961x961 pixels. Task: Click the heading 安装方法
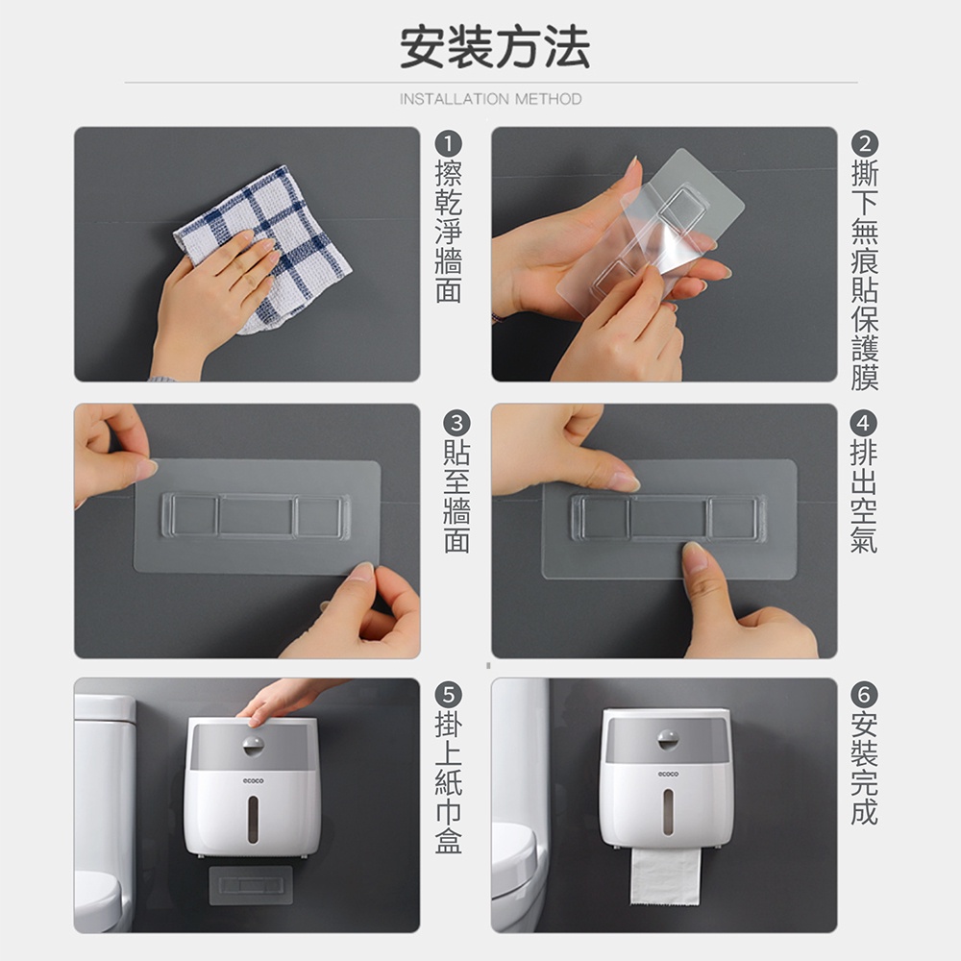point(495,47)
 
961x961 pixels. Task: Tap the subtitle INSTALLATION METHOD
point(490,99)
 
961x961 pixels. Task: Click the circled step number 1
point(448,144)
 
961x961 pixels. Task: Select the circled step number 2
point(864,144)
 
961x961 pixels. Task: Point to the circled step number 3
point(456,424)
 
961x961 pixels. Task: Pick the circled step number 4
point(863,424)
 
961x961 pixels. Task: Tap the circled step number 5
point(449,695)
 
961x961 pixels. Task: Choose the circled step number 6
point(864,695)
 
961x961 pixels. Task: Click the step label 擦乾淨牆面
point(449,232)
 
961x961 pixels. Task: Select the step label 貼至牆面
point(456,497)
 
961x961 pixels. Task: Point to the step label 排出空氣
point(864,497)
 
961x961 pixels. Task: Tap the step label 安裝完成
point(864,769)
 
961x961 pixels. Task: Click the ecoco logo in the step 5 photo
point(253,780)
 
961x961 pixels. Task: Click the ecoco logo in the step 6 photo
point(668,774)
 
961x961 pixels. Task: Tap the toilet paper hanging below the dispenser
point(666,876)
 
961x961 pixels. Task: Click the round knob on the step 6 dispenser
point(668,740)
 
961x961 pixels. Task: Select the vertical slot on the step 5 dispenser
point(253,820)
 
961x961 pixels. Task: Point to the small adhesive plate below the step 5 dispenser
point(251,885)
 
